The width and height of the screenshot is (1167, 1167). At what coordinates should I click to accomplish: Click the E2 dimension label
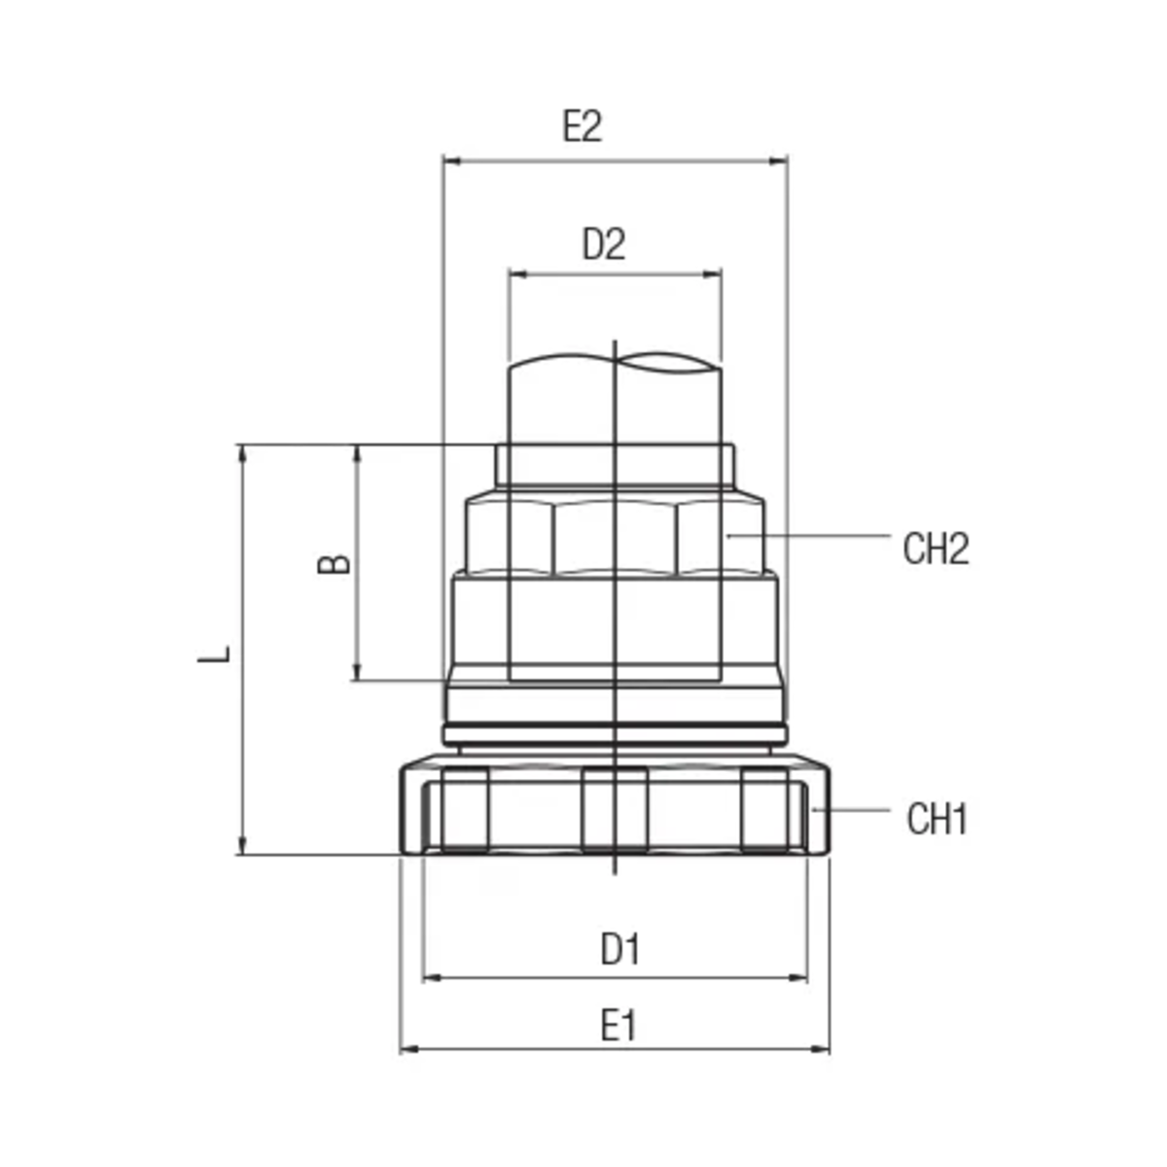pos(582,126)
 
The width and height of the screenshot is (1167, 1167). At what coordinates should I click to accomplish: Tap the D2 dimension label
pos(604,244)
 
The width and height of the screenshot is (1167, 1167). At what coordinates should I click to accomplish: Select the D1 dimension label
pos(619,948)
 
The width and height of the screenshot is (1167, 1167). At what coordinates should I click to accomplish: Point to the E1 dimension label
pos(619,1026)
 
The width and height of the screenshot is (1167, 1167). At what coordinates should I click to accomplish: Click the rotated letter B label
pos(334,564)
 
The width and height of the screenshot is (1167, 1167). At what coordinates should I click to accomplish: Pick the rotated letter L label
pos(214,654)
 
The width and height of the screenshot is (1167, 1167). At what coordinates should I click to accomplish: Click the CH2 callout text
pos(936,548)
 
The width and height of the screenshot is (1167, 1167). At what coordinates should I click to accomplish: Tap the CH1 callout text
pos(937,819)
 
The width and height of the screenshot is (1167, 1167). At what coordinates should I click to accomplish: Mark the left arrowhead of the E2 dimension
pos(452,161)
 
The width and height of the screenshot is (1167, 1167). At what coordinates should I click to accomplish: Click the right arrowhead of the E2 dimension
pos(778,161)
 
